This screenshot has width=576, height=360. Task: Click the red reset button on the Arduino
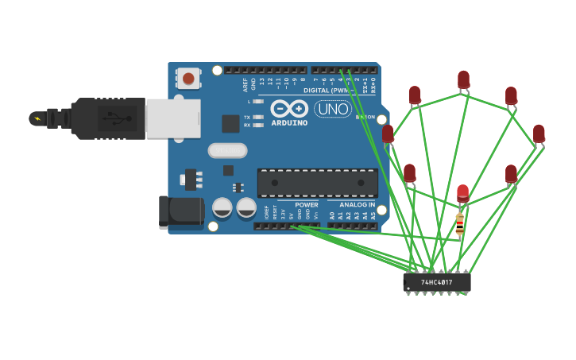tap(188, 79)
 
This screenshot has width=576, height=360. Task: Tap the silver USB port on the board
tap(172, 118)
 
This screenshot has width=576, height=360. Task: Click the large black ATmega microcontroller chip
tap(317, 183)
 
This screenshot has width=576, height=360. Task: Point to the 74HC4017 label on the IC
tap(436, 282)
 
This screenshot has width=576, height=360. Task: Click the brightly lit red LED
tap(463, 193)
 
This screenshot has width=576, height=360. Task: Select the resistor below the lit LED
tap(459, 224)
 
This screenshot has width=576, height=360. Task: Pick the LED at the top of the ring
tap(463, 79)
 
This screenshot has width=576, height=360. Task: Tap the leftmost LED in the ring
tap(388, 134)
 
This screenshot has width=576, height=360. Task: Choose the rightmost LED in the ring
tap(539, 134)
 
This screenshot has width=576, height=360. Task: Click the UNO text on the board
tap(333, 109)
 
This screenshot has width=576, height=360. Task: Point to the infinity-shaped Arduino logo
tap(288, 109)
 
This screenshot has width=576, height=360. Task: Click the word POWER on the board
tap(306, 205)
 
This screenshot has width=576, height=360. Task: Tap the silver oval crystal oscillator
tap(227, 150)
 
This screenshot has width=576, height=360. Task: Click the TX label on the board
tap(247, 117)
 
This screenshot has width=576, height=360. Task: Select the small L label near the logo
tap(249, 102)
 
